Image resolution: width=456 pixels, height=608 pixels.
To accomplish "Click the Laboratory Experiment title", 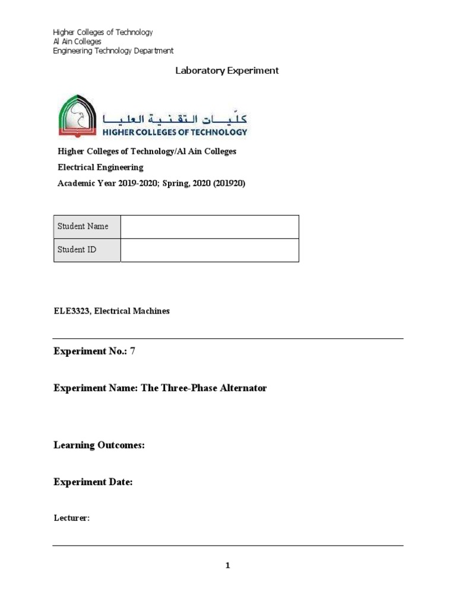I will point(227,71).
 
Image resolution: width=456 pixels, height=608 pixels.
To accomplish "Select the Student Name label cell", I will point(87,226).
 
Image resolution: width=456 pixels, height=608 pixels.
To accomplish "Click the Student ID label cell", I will point(87,250).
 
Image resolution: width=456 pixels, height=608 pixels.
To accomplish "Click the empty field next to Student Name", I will point(210,226).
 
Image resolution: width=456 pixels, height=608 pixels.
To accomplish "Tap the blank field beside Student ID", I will point(210,250).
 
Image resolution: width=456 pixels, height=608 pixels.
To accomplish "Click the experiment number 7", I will point(133,351).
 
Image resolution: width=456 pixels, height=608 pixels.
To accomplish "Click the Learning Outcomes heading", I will point(99,445).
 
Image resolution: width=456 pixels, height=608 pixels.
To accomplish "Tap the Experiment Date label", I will point(93,482).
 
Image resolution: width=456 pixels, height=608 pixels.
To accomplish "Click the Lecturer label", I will point(71,518).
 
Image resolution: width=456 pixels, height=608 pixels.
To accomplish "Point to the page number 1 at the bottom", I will point(227,566).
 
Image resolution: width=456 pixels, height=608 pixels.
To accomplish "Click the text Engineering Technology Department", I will point(113,51).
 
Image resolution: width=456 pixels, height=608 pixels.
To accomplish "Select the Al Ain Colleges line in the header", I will point(77,42).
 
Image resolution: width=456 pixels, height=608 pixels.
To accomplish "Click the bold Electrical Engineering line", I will point(100,167).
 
